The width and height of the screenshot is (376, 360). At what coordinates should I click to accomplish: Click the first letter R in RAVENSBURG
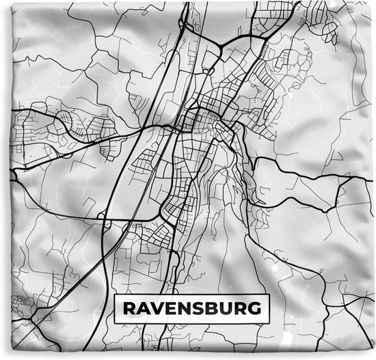click(x=129, y=308)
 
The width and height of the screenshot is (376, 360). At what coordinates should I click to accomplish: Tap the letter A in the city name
click(x=144, y=308)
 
